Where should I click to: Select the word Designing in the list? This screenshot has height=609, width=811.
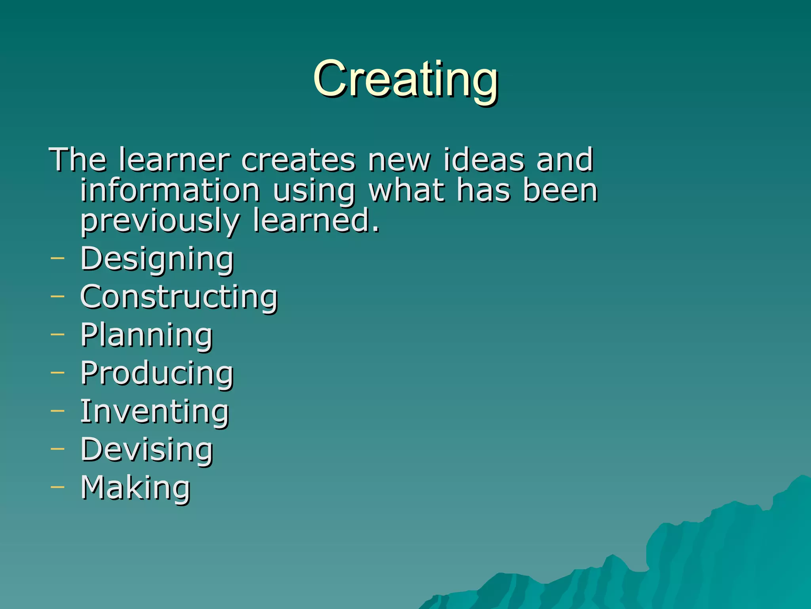157,259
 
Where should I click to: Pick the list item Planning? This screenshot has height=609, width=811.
147,335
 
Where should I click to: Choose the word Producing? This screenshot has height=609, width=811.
157,373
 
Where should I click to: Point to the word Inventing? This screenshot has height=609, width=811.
154,411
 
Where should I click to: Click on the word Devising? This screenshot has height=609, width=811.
147,449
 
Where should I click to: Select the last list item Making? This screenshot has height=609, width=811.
135,487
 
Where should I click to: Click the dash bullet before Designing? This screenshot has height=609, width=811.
57,258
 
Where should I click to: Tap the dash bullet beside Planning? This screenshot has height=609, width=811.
57,334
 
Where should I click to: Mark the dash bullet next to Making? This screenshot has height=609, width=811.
57,486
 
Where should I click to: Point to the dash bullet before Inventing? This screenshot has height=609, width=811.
57,410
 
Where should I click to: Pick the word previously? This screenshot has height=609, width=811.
160,221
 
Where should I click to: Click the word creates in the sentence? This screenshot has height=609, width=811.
299,160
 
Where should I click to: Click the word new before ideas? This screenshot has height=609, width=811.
399,160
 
